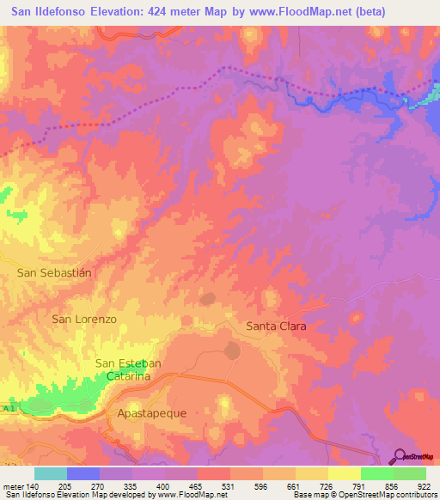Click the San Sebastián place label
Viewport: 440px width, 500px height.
tap(54, 271)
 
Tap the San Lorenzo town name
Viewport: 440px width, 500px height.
tap(84, 319)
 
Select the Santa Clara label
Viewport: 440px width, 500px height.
tap(276, 326)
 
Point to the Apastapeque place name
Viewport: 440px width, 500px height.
tap(151, 413)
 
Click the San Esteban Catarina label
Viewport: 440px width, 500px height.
tap(129, 369)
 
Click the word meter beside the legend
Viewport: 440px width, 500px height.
tap(12, 485)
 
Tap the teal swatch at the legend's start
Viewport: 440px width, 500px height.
tap(51, 473)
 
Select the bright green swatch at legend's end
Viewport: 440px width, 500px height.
tap(410, 473)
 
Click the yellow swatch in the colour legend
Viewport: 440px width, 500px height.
tap(345, 473)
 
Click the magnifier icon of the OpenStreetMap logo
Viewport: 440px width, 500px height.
tap(400, 456)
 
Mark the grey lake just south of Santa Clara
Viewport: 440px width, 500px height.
tap(232, 351)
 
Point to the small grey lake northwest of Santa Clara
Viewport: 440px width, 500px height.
tap(207, 300)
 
